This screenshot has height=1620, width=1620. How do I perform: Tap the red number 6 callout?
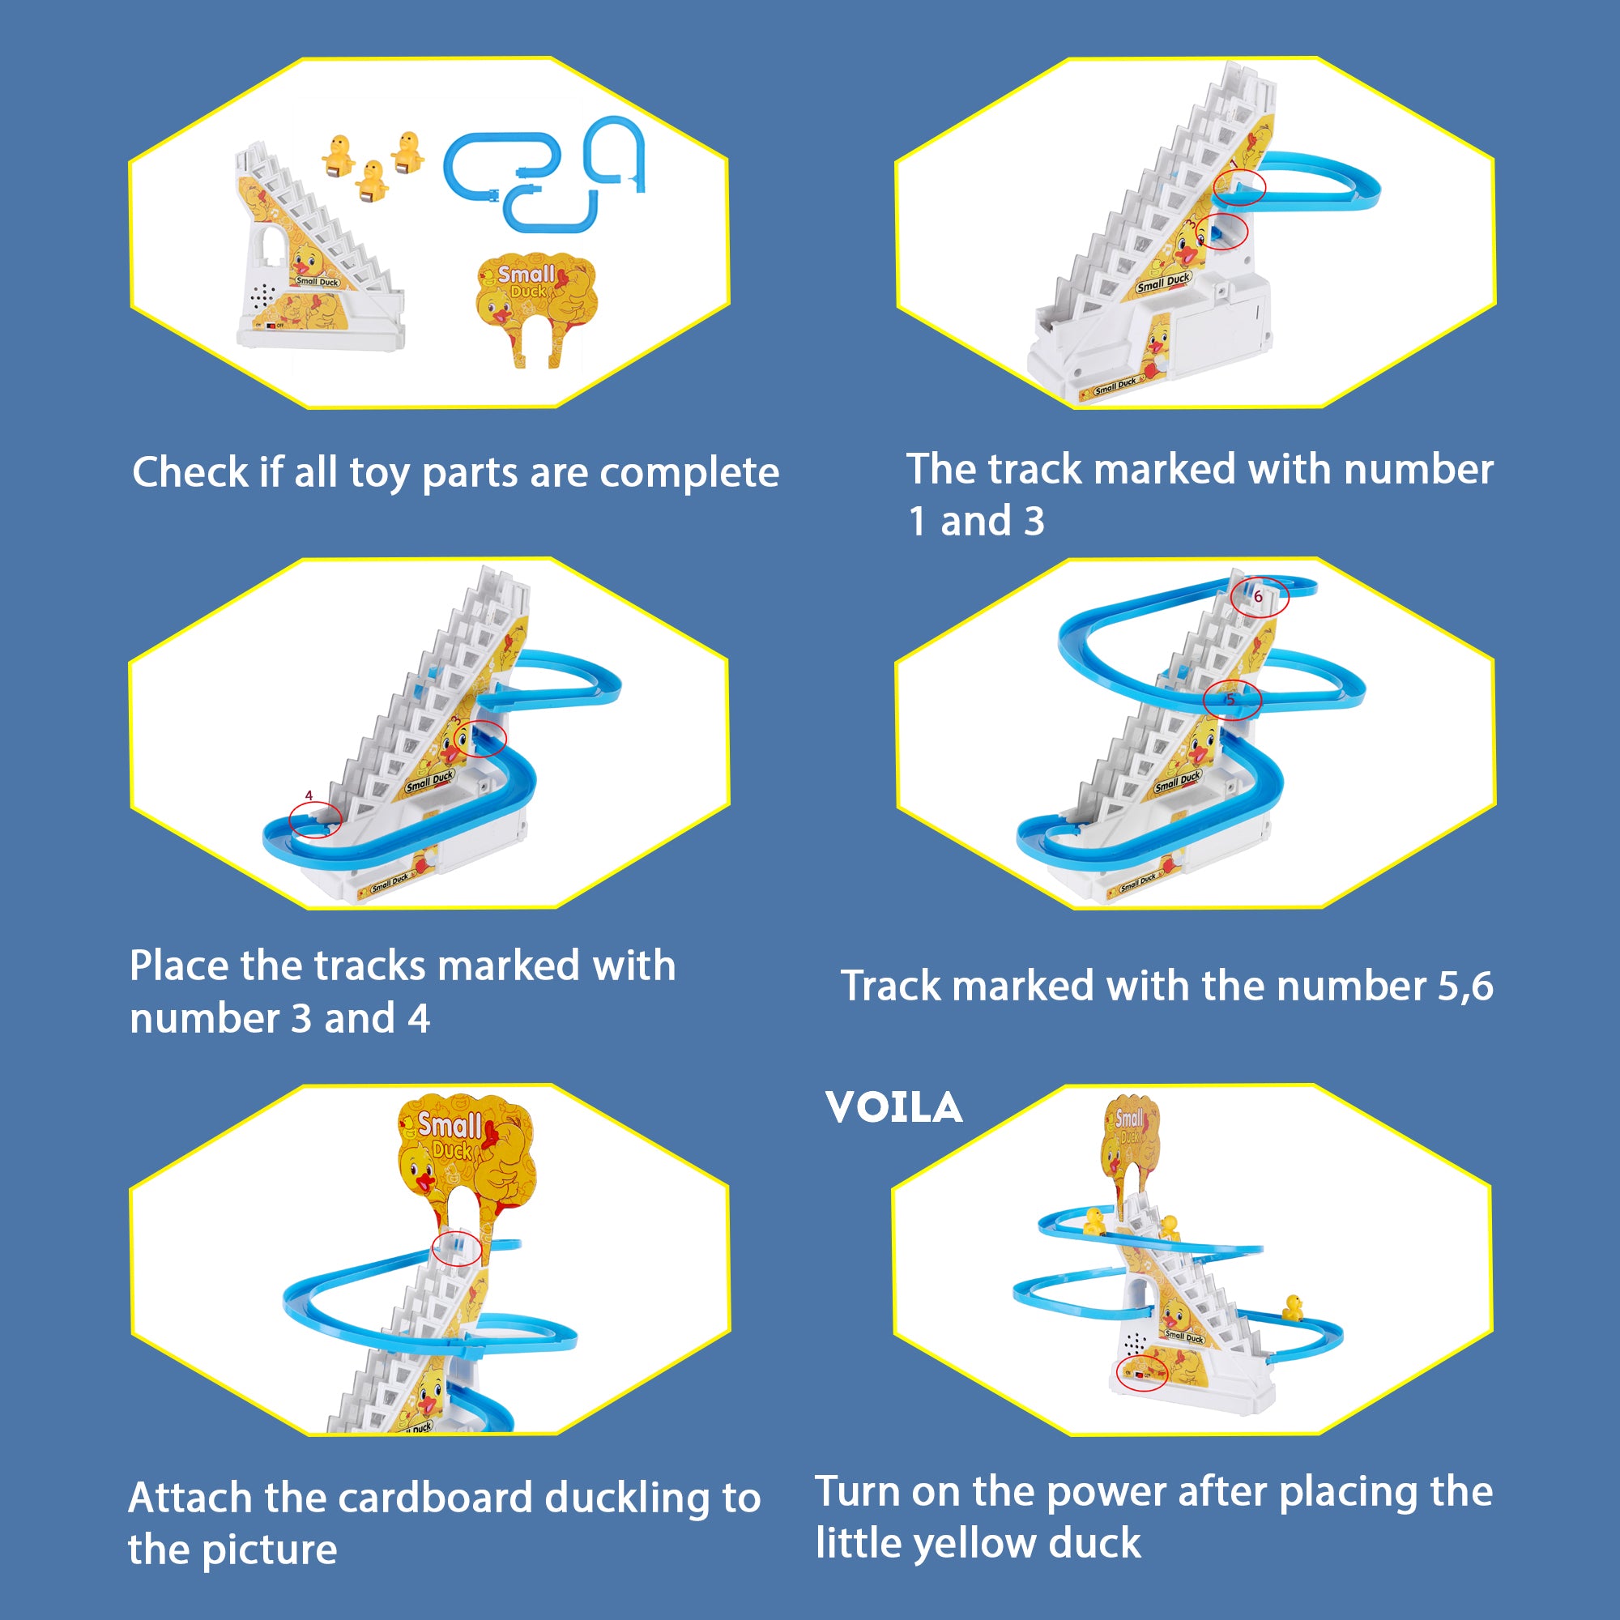coord(1258,597)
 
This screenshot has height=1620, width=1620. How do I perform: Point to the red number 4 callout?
coord(309,795)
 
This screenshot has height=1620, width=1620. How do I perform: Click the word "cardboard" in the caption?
coord(435,1498)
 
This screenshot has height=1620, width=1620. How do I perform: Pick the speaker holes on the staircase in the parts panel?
coord(262,294)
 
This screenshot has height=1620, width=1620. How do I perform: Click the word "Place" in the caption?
coord(177,966)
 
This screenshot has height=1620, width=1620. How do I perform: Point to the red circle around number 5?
coord(1232,700)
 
